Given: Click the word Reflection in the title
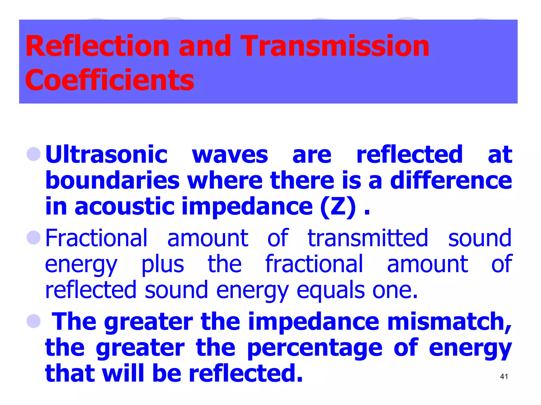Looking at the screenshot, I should tap(97, 46).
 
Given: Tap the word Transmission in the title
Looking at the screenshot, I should tap(335, 46).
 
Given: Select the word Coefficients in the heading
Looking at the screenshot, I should tap(110, 80).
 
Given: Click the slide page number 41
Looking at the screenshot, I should tap(504, 377).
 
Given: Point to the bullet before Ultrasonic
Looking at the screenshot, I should tap(34, 154).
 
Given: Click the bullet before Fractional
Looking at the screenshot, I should tap(34, 237).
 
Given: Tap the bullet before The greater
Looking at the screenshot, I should tap(34, 321).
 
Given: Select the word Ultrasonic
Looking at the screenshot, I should tap(106, 155).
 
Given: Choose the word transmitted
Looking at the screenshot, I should tap(368, 238).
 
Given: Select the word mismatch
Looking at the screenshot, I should tap(449, 322).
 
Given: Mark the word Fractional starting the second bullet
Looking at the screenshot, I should tap(96, 238).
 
